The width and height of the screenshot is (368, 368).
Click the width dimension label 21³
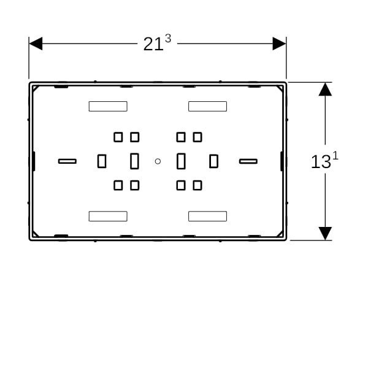(157, 42)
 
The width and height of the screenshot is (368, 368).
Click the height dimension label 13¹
(324, 160)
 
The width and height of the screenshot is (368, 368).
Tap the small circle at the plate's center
(158, 161)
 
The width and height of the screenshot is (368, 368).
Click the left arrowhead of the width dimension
(36, 44)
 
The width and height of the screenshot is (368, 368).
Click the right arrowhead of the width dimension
(279, 44)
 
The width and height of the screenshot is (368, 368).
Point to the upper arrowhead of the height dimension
(325, 90)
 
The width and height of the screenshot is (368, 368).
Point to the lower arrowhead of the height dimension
(325, 234)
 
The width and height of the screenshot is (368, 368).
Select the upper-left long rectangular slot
(108, 106)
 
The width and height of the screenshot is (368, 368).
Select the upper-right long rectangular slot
(207, 106)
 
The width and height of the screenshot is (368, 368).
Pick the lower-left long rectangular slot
(108, 216)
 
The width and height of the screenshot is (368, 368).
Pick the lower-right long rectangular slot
(207, 216)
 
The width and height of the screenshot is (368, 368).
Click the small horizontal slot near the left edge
(67, 161)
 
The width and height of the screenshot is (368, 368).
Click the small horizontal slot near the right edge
(248, 161)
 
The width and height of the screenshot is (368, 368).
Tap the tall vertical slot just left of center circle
(134, 161)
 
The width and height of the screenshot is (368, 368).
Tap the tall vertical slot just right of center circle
(181, 161)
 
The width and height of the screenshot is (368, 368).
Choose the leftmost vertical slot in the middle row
(102, 161)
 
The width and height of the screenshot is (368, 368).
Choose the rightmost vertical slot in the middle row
(213, 161)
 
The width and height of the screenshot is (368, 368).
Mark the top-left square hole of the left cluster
(118, 137)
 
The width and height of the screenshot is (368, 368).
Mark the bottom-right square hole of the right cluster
(197, 185)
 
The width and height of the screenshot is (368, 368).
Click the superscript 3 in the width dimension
(168, 38)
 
